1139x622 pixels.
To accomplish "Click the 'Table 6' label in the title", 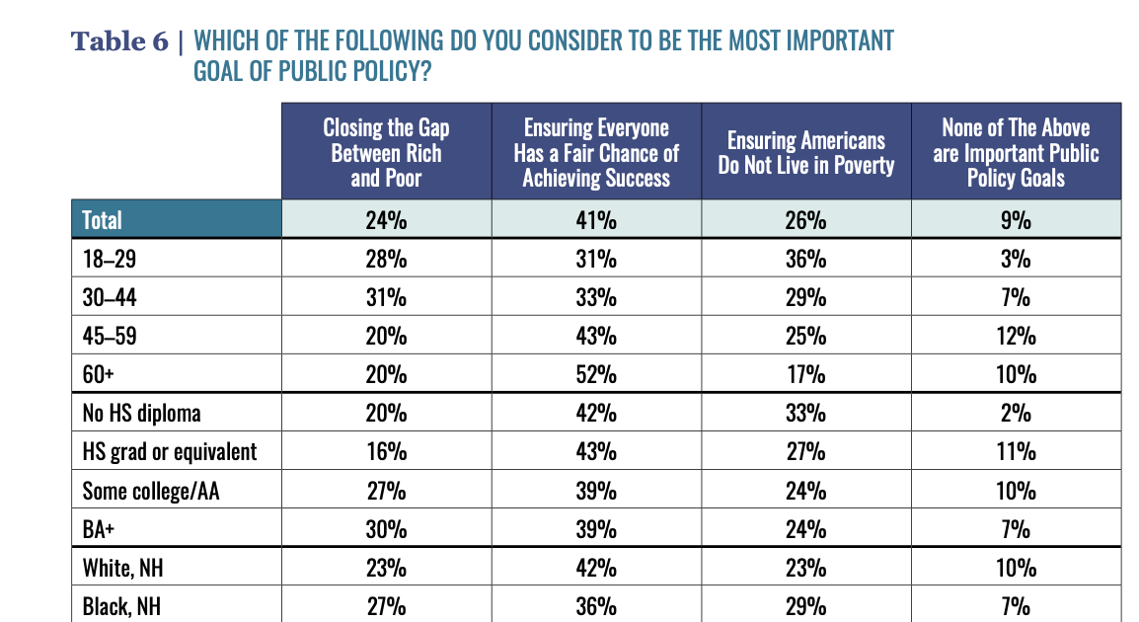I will [x=119, y=41].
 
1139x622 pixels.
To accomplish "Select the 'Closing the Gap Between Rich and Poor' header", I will [x=386, y=153].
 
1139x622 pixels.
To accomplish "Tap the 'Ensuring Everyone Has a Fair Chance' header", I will [x=596, y=153].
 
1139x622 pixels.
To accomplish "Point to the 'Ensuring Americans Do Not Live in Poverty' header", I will [x=806, y=153].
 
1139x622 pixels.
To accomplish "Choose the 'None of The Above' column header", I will [x=1016, y=153].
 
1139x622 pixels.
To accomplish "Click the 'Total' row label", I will [x=103, y=220].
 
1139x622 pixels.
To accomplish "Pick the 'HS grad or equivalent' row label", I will [x=170, y=452].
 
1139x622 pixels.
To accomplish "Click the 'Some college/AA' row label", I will [x=151, y=491].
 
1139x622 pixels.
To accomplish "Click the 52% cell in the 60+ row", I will [x=596, y=375].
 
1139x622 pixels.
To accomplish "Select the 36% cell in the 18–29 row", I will [x=806, y=259].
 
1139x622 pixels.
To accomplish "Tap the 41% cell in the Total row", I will [x=596, y=220].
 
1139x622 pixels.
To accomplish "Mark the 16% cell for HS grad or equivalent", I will [x=386, y=452].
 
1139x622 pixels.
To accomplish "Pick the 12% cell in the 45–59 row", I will [x=1016, y=336].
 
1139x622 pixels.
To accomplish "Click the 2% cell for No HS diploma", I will [x=1016, y=414].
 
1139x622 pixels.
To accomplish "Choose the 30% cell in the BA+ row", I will [x=386, y=529].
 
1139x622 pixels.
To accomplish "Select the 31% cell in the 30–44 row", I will [x=386, y=297].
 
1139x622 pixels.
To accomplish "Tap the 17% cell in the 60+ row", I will [x=806, y=375].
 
